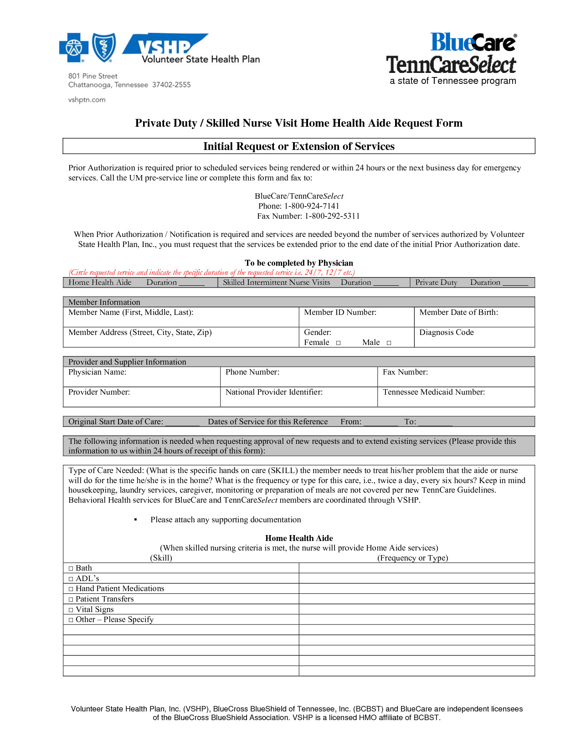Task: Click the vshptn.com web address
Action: pyautogui.click(x=87, y=100)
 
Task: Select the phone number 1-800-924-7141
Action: pyautogui.click(x=312, y=206)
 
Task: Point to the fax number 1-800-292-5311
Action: pyautogui.click(x=332, y=216)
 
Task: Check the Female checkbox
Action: pyautogui.click(x=338, y=343)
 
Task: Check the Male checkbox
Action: pyautogui.click(x=389, y=343)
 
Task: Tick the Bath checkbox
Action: pyautogui.click(x=71, y=568)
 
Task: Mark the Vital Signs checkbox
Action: pyautogui.click(x=71, y=610)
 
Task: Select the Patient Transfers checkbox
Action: pyautogui.click(x=71, y=599)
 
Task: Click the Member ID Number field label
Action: pyautogui.click(x=340, y=312)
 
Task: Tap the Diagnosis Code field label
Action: pyautogui.click(x=446, y=332)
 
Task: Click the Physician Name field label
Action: pyautogui.click(x=97, y=372)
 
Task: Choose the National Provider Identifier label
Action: pyautogui.click(x=274, y=392)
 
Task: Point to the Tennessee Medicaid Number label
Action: pyautogui.click(x=433, y=392)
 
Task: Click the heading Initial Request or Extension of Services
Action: pyautogui.click(x=298, y=146)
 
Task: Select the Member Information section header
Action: pyautogui.click(x=104, y=302)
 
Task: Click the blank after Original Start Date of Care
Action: pyautogui.click(x=182, y=422)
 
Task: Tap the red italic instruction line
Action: pyautogui.click(x=211, y=273)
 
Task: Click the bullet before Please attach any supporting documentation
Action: pyautogui.click(x=136, y=520)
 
